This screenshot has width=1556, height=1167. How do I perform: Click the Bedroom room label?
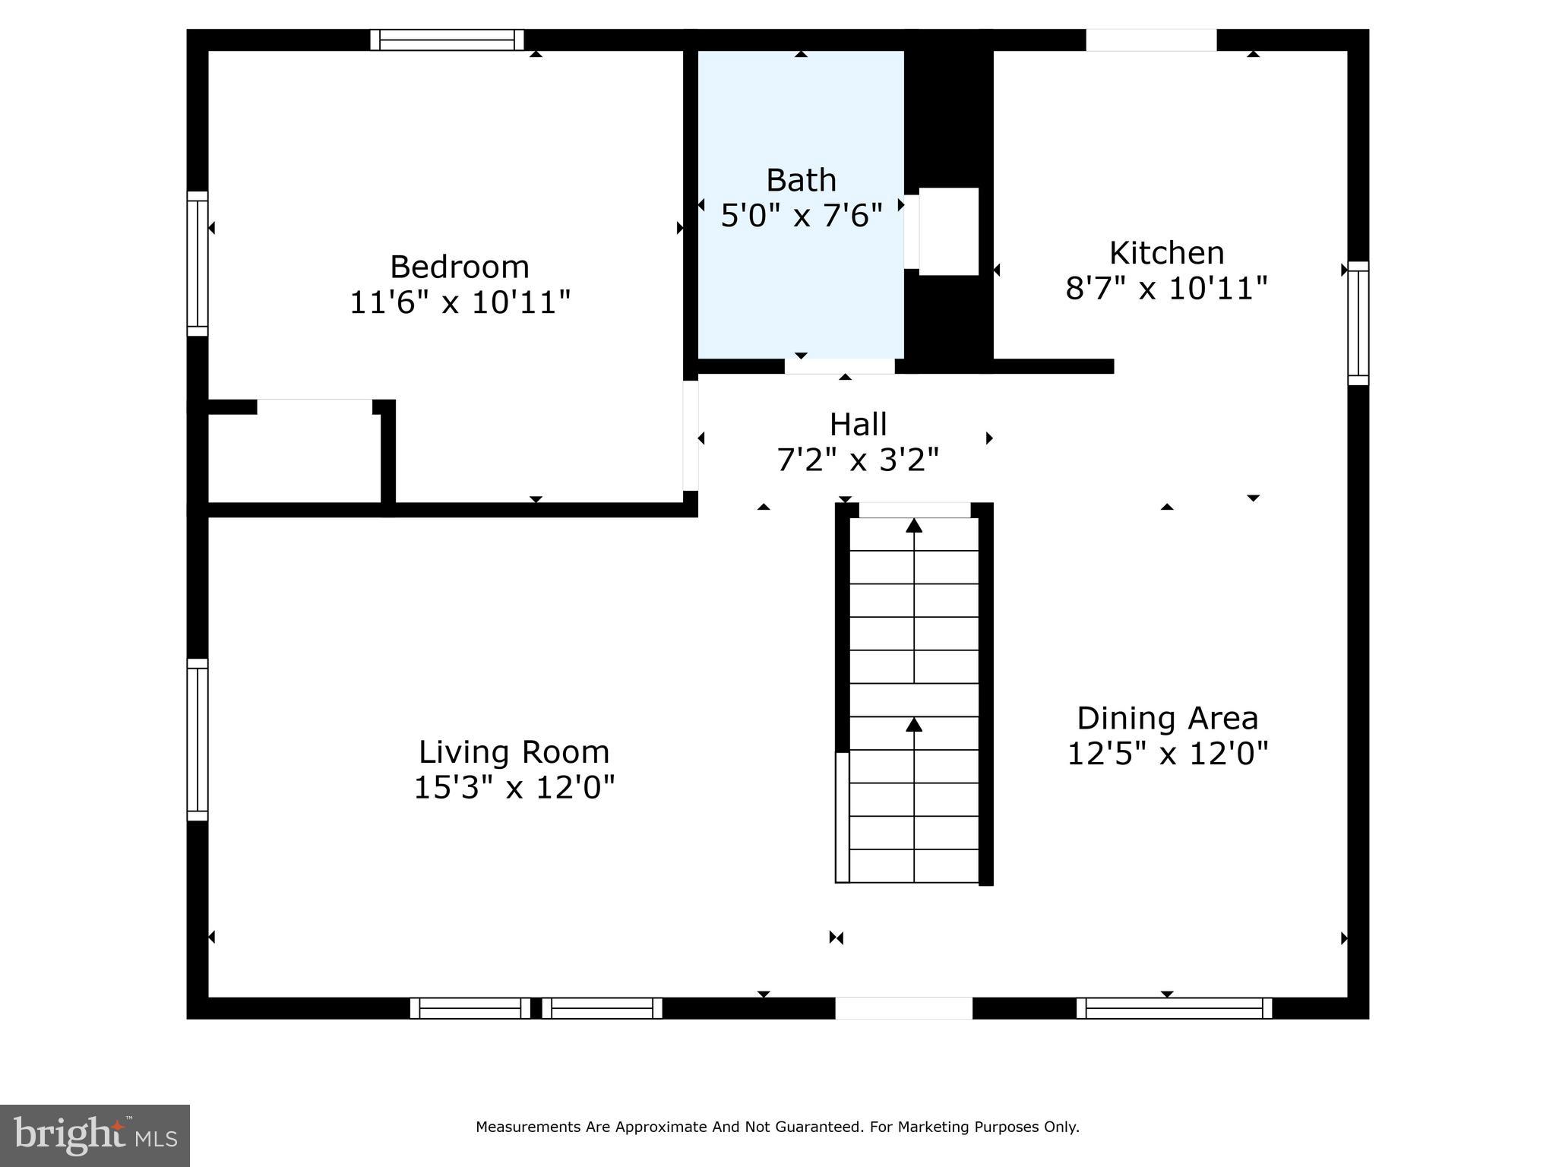[459, 267]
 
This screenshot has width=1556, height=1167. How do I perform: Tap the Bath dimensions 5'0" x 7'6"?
[801, 216]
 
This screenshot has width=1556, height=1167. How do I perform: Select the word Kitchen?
[1166, 253]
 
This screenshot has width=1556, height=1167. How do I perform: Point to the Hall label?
[858, 424]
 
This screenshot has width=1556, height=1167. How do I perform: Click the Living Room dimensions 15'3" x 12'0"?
[514, 787]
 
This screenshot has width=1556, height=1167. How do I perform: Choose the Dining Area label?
[1167, 718]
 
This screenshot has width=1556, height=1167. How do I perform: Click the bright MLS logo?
[95, 1135]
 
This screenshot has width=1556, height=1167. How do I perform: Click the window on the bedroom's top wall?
[448, 40]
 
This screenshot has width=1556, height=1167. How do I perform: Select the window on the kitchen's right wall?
[1358, 323]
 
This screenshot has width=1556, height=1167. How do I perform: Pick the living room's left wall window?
[198, 739]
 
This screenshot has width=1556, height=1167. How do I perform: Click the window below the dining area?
[1174, 1008]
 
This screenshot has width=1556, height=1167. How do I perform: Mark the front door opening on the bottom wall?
[903, 1008]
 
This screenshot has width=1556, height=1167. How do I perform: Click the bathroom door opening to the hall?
[840, 366]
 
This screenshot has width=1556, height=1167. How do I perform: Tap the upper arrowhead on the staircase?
[914, 525]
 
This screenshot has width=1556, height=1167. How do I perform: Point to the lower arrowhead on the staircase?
[914, 725]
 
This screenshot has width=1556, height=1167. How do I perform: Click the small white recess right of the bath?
[948, 231]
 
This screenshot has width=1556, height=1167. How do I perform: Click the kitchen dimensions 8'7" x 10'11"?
[1166, 289]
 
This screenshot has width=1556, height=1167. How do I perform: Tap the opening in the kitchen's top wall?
[1151, 40]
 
